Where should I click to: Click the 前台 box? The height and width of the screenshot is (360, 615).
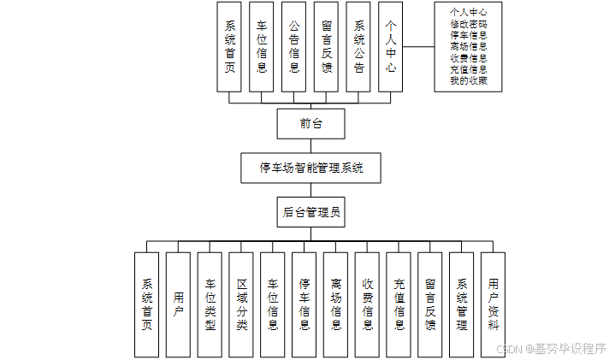pyautogui.click(x=310, y=124)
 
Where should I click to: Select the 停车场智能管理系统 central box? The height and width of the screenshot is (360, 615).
pyautogui.click(x=311, y=168)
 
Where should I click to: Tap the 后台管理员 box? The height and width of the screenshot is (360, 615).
pyautogui.click(x=311, y=212)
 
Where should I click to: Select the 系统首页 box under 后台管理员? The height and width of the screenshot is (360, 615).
pyautogui.click(x=147, y=304)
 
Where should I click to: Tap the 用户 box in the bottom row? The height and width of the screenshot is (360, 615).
pyautogui.click(x=178, y=304)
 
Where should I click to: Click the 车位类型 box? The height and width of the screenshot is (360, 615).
pyautogui.click(x=210, y=304)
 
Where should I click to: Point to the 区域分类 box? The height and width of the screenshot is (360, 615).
pyautogui.click(x=241, y=304)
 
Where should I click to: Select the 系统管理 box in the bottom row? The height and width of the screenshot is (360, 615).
pyautogui.click(x=462, y=304)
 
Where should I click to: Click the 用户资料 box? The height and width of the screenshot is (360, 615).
pyautogui.click(x=494, y=304)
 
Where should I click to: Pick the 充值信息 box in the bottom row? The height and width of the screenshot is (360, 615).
pyautogui.click(x=399, y=304)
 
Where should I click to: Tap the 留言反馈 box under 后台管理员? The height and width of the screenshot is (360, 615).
pyautogui.click(x=430, y=304)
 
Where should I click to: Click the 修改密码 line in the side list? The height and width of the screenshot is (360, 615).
pyautogui.click(x=469, y=25)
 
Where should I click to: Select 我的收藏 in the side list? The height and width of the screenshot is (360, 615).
pyautogui.click(x=469, y=80)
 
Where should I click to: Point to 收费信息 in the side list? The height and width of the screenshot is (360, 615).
pyautogui.click(x=469, y=58)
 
